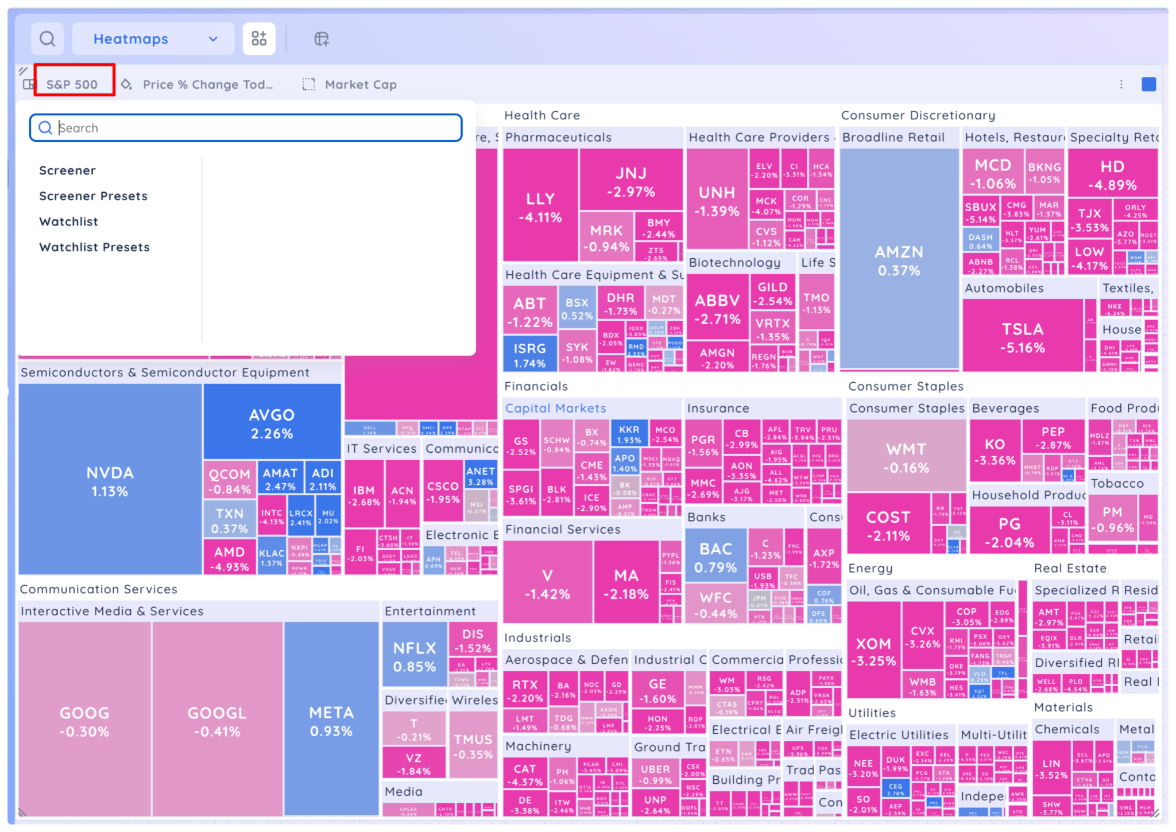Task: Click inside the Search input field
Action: pos(253,128)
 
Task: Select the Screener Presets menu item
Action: pos(93,196)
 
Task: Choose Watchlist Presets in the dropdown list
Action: pos(94,247)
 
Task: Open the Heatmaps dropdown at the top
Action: pos(153,39)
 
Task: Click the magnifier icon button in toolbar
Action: pos(47,39)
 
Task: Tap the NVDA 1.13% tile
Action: pos(110,481)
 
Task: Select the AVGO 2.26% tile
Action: pos(272,423)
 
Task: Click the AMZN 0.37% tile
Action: pos(899,260)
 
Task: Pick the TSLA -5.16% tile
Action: pos(1022,337)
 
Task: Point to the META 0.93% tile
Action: pos(331,721)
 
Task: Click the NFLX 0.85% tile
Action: pos(414,656)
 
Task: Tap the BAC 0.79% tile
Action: pos(715,557)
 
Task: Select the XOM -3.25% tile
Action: pos(873,651)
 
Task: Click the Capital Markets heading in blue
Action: pos(555,408)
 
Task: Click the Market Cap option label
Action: pos(360,84)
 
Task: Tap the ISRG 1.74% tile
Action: pos(529,355)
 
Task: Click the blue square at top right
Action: pos(1148,84)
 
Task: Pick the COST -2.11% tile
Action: pos(888,525)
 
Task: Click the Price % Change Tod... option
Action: pos(207,84)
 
